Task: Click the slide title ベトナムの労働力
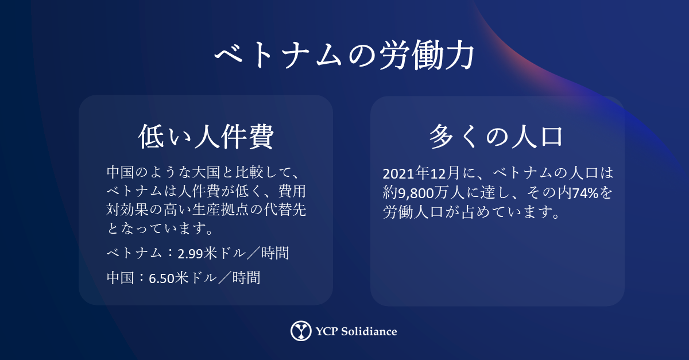(x=344, y=55)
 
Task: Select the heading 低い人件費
(x=206, y=137)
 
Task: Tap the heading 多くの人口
(x=496, y=137)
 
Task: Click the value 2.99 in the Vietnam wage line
(x=190, y=254)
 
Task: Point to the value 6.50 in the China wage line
(x=161, y=278)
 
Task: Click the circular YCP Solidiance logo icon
(x=301, y=331)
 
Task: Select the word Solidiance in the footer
(x=369, y=331)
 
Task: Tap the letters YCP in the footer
(x=327, y=331)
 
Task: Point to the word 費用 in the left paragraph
(x=292, y=191)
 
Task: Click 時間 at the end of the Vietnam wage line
(x=275, y=254)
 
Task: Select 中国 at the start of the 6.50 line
(x=120, y=278)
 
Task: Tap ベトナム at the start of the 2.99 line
(x=134, y=254)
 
